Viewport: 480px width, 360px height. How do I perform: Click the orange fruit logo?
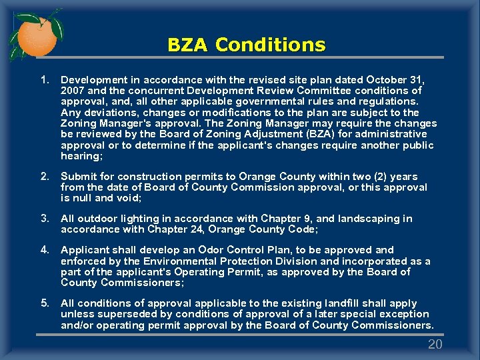click(x=36, y=35)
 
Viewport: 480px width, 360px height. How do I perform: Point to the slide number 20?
click(x=435, y=344)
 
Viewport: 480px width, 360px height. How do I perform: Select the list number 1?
click(x=45, y=80)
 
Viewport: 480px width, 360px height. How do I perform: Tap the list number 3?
click(x=45, y=219)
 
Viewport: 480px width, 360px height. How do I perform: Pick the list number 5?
click(x=45, y=303)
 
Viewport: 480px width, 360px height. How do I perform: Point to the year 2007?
click(x=72, y=91)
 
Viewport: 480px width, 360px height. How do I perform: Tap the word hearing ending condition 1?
click(x=81, y=155)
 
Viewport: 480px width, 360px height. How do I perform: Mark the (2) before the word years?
click(x=376, y=177)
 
